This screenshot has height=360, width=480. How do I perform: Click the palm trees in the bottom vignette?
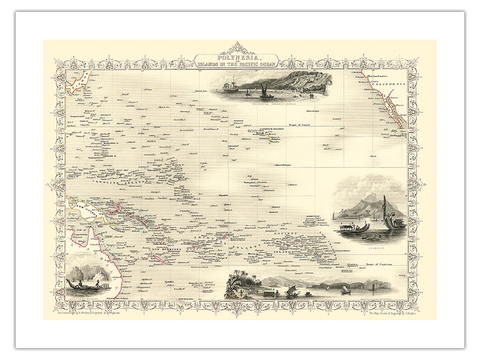[238, 281]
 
